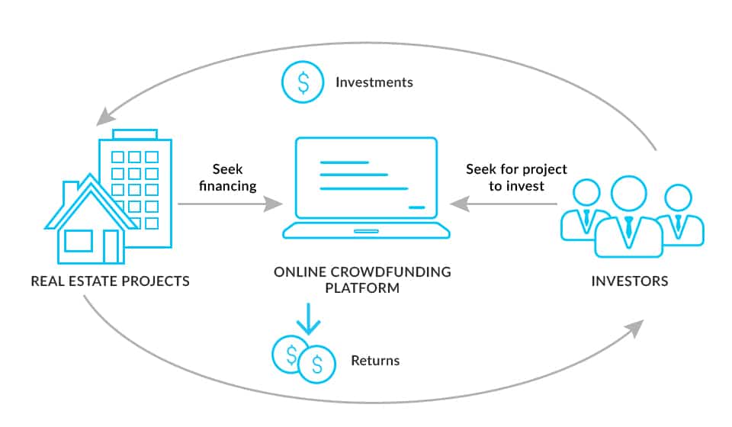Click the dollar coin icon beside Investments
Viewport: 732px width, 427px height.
[303, 82]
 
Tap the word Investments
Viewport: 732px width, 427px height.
[374, 82]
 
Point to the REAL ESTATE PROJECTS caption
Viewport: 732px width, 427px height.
[110, 281]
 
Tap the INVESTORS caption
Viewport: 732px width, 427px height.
[630, 281]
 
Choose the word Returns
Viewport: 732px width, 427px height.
[374, 361]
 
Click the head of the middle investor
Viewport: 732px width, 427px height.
[628, 194]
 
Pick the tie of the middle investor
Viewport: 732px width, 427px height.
[628, 226]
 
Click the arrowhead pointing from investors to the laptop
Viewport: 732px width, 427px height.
[457, 204]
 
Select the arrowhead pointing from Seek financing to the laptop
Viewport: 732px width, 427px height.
[275, 204]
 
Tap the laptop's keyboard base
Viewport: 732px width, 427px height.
[366, 231]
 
